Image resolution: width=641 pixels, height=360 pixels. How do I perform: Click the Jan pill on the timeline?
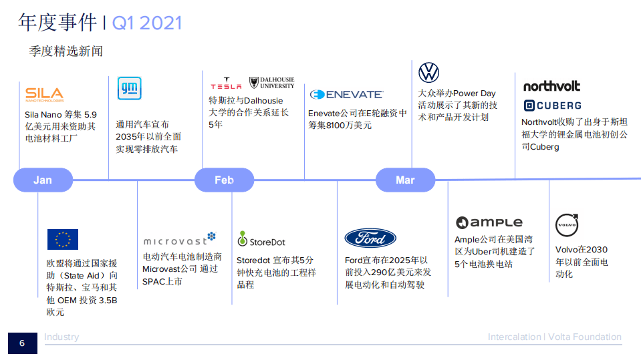click(43, 180)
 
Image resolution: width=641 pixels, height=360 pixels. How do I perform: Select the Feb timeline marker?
click(224, 180)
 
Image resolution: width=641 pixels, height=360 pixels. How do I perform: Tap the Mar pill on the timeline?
click(405, 180)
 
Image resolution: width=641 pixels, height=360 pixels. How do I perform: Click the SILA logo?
click(44, 95)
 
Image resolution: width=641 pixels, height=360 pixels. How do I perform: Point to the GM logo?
click(129, 89)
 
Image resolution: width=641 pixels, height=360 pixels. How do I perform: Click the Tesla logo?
click(226, 83)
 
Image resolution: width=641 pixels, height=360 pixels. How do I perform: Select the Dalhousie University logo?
click(271, 83)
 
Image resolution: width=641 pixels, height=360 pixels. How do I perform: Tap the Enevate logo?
click(346, 95)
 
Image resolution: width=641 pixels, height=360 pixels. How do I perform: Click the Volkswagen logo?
click(428, 72)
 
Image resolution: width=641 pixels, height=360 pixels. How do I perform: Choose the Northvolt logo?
click(551, 86)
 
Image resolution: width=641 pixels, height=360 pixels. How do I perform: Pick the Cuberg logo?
click(552, 106)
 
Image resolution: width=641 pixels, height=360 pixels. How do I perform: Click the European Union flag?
click(63, 239)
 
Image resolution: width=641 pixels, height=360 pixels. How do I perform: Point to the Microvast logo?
click(180, 240)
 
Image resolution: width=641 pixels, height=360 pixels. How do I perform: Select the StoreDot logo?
click(261, 240)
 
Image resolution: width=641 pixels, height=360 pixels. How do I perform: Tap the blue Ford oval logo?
click(370, 238)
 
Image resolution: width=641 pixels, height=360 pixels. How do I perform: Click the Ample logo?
click(489, 223)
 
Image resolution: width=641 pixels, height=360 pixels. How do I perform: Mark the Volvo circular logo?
click(567, 225)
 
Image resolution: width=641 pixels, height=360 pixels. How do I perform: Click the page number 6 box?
click(21, 343)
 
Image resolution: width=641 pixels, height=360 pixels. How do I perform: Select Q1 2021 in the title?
click(147, 23)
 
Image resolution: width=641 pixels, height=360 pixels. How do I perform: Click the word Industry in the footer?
click(61, 337)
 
